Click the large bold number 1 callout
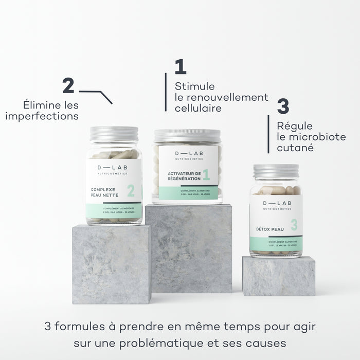tap(180, 67)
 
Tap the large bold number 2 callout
tap(68, 85)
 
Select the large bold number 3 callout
tap(283, 107)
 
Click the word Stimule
tap(194, 86)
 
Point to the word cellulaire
tap(197, 109)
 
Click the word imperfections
tap(42, 116)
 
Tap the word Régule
tap(294, 127)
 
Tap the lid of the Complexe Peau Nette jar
tap(114, 134)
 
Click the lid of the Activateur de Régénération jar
tap(187, 136)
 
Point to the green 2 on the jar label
tap(131, 191)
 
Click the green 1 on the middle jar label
tap(206, 175)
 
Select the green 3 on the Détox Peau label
tap(294, 224)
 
